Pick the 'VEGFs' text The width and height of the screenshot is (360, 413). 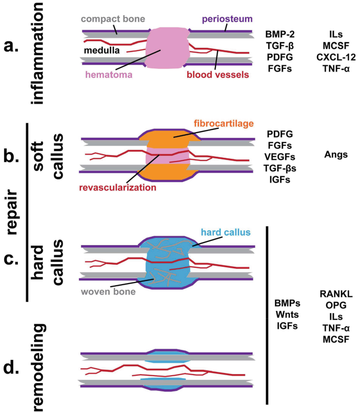pyautogui.click(x=281, y=157)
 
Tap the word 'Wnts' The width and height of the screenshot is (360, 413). pyautogui.click(x=287, y=314)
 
